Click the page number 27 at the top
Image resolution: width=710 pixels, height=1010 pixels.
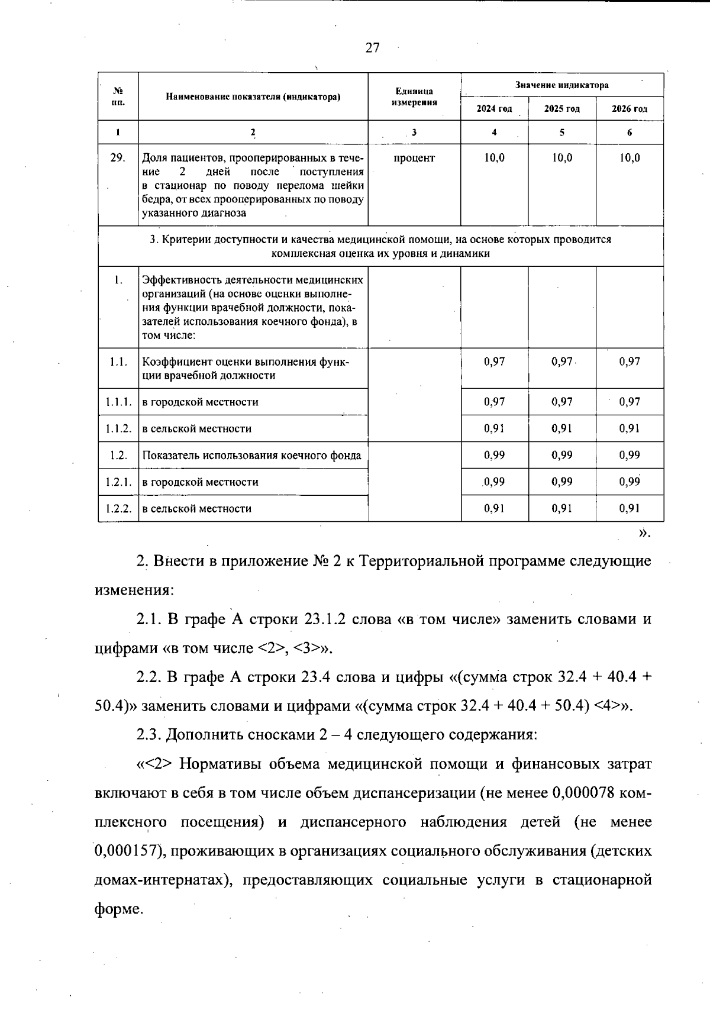[x=372, y=48]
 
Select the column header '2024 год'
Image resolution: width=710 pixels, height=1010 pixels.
[x=494, y=109]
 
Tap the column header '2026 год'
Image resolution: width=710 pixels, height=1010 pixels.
[x=630, y=109]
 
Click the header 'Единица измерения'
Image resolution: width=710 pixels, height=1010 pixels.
[x=414, y=96]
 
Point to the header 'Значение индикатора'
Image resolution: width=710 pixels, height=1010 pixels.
[x=561, y=85]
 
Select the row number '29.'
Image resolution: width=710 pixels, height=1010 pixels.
[x=118, y=158]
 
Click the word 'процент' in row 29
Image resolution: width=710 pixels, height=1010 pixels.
[x=414, y=158]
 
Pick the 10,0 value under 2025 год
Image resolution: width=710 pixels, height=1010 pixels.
[x=561, y=158]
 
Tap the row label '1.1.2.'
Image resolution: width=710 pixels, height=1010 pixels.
[x=118, y=428]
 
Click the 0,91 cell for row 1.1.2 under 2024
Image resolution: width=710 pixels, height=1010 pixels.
[x=494, y=428]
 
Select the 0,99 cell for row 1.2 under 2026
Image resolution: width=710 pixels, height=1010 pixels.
[x=630, y=455]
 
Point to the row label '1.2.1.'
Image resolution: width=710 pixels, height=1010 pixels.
[x=118, y=482]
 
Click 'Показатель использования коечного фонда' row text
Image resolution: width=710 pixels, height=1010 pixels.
[x=251, y=455]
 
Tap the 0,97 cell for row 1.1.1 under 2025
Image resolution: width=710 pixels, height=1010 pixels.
[x=561, y=402]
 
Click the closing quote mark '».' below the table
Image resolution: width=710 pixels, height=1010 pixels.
[x=644, y=534]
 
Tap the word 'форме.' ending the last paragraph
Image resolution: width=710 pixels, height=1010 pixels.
[x=119, y=909]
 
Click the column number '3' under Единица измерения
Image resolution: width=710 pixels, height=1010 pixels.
[x=414, y=133]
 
